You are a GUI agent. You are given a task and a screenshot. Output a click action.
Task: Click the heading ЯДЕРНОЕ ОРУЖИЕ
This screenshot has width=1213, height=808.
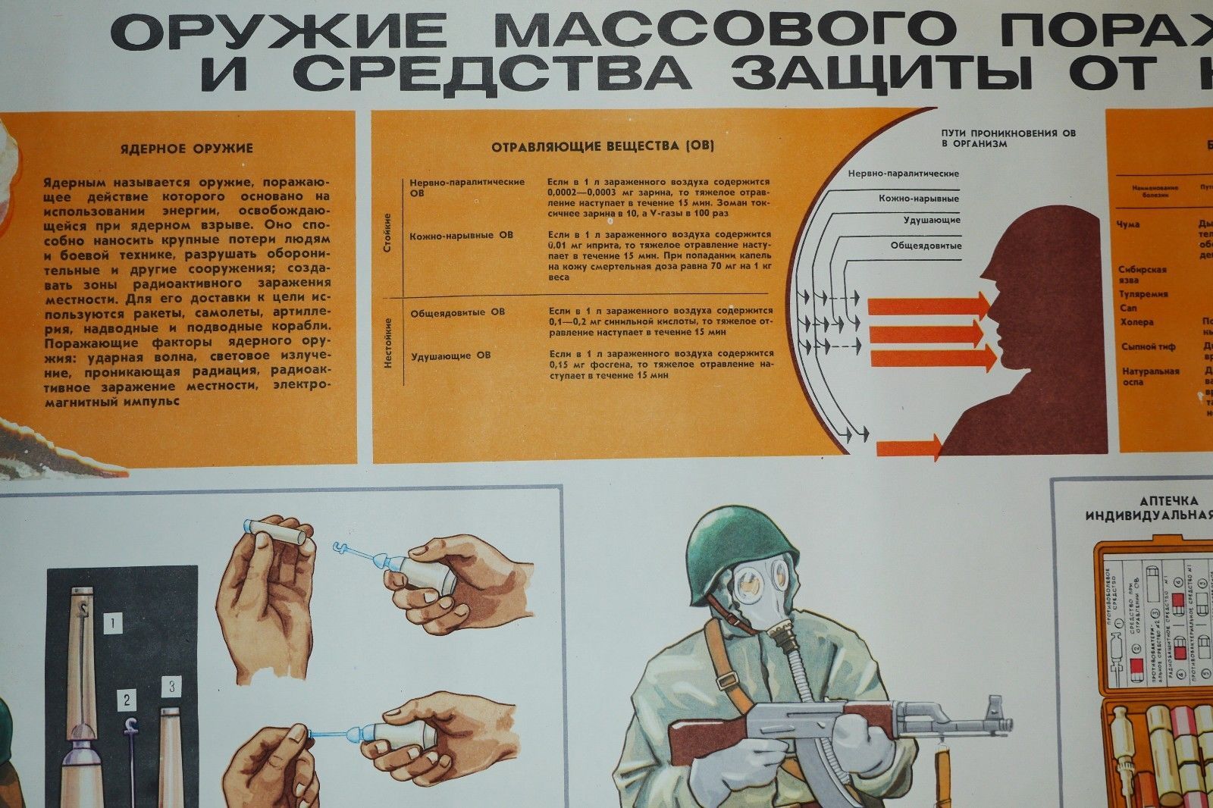pyautogui.click(x=186, y=149)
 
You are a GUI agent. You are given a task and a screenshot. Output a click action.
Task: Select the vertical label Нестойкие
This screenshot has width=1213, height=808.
pyautogui.click(x=388, y=343)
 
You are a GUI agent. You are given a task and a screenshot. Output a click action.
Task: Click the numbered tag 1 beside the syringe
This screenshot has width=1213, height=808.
pyautogui.click(x=113, y=624)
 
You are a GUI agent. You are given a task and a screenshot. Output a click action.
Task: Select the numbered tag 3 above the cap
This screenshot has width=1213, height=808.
pyautogui.click(x=172, y=687)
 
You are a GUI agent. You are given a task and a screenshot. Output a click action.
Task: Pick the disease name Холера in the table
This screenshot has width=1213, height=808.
pyautogui.click(x=1136, y=322)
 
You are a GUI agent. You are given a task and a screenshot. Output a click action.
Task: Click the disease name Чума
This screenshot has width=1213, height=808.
pyautogui.click(x=1128, y=224)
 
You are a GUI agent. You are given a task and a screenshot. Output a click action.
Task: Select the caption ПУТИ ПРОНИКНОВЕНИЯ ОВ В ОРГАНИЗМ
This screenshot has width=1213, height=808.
pyautogui.click(x=1008, y=138)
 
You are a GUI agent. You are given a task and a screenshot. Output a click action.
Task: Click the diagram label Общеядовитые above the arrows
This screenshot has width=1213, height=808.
pyautogui.click(x=926, y=246)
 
